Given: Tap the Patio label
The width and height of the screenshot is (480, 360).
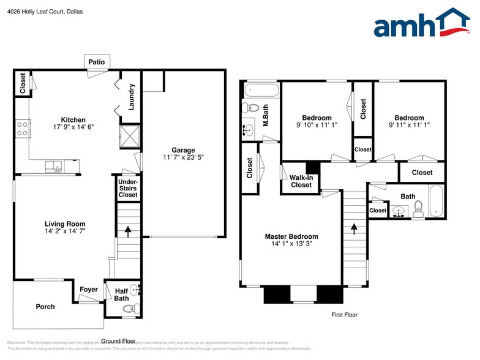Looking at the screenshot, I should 97,62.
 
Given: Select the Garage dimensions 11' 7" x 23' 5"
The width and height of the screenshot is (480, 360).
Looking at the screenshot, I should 183,157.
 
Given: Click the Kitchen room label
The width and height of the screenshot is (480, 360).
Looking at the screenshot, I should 73,119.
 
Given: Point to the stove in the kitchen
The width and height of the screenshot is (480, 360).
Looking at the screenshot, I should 23,129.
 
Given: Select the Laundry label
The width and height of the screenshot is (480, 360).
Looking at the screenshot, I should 131,97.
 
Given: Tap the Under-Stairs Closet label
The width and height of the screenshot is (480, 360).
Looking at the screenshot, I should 128,189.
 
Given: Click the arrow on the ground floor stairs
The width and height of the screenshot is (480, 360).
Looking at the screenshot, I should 128,231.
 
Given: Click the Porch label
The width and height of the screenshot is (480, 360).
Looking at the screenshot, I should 45,307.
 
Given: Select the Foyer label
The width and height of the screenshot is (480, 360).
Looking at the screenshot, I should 89,290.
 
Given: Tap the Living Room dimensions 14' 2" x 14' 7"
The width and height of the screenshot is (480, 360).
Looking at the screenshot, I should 64,232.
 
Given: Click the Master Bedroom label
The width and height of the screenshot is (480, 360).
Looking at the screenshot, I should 291,236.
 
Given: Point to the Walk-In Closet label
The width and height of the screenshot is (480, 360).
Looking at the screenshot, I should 301,181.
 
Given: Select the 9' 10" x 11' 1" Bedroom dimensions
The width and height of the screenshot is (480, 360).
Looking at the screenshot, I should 317,125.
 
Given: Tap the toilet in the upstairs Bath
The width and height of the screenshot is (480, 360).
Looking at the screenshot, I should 419,209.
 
